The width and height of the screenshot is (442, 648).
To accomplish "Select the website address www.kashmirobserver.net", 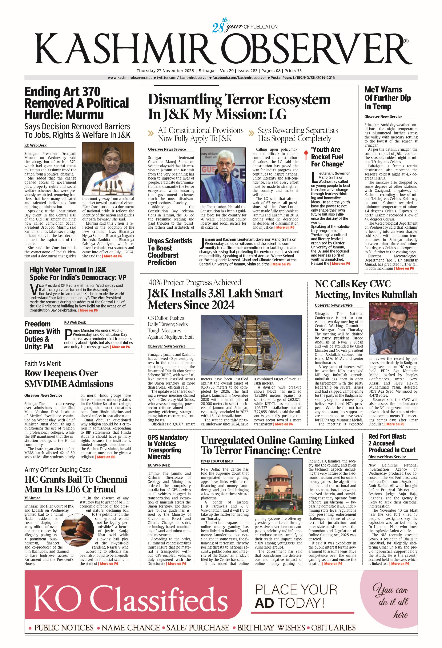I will coord(130,78).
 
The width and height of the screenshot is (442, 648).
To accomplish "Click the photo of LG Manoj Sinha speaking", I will coord(223,175).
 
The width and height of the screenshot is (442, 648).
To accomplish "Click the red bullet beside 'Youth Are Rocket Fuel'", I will coord(306,153).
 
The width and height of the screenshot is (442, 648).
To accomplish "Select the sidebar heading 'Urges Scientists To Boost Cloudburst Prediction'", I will coord(170,251).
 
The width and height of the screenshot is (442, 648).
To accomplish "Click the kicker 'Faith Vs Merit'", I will coord(42,363).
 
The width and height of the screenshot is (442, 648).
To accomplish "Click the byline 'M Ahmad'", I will coord(32,498).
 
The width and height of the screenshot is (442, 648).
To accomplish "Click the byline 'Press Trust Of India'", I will coord(217,461).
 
